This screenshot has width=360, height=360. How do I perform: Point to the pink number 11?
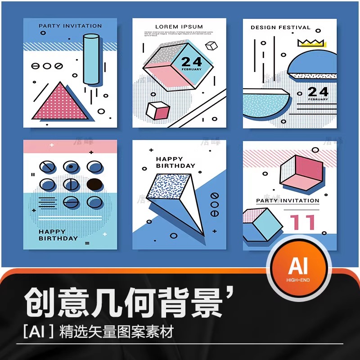pos(302,223)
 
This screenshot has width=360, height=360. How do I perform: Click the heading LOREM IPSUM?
pos(179,27)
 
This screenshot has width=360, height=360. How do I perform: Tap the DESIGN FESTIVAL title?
pos(280,27)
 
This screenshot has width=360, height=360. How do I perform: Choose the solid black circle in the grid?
pos(94,184)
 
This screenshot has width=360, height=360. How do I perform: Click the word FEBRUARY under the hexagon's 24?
pos(192,70)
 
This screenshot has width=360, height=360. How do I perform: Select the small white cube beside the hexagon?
pos(211,46)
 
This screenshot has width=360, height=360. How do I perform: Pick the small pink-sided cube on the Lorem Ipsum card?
pos(158,111)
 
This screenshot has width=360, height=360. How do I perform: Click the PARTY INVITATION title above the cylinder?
pos(70,26)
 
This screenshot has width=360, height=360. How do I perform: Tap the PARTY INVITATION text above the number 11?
pos(288,201)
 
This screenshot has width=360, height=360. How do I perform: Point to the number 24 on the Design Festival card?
pos(318,92)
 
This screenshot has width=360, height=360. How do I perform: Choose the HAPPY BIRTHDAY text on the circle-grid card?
pos(58,235)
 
